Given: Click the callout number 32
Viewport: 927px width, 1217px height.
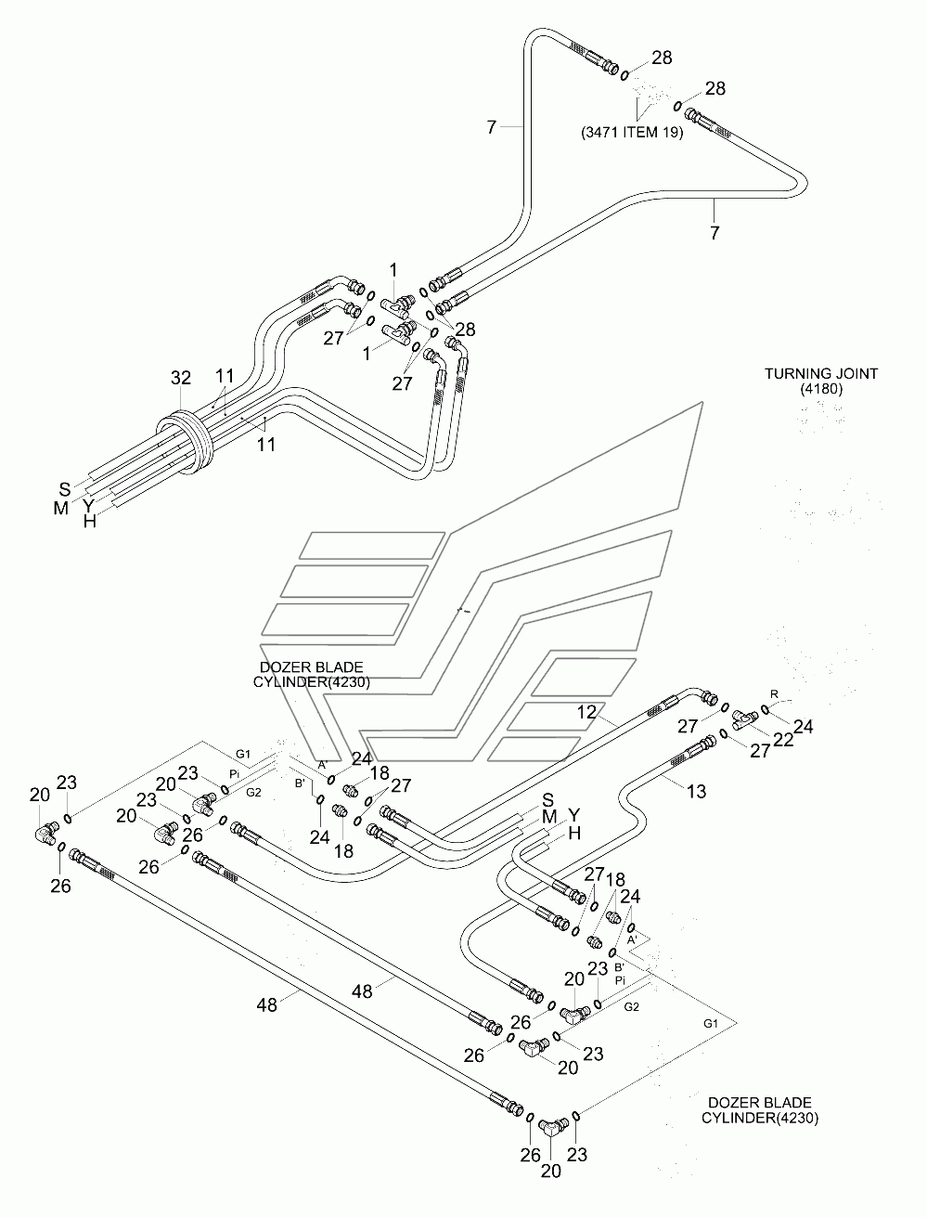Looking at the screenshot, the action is tap(181, 378).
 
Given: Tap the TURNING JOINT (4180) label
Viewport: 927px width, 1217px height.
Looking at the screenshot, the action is tap(821, 381).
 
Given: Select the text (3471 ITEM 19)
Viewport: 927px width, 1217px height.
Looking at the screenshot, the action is tap(632, 133).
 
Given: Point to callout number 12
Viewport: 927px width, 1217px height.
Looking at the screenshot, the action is tap(586, 711).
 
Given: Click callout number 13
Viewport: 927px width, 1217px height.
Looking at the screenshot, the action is tap(697, 791).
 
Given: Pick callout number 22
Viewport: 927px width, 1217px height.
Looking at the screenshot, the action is tap(783, 739).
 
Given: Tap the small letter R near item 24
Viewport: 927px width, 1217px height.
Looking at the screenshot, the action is tap(774, 694).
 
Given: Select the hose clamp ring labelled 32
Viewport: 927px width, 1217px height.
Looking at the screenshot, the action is tap(184, 442).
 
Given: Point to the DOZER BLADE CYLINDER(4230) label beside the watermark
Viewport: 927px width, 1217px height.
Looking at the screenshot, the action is tap(312, 674).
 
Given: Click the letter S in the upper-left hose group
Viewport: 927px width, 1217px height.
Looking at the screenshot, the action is tap(65, 489).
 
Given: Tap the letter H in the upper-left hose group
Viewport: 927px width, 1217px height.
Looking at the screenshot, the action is tap(90, 521).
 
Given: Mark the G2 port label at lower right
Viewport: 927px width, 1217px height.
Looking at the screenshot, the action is tap(632, 1007).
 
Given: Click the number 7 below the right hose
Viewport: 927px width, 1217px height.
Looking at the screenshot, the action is tap(715, 232).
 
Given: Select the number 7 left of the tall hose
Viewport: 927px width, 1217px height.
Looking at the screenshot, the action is tap(492, 127).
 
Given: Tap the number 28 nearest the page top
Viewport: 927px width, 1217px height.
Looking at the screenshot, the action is tap(662, 58).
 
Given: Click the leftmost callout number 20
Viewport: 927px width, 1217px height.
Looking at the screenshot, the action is tap(40, 795).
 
